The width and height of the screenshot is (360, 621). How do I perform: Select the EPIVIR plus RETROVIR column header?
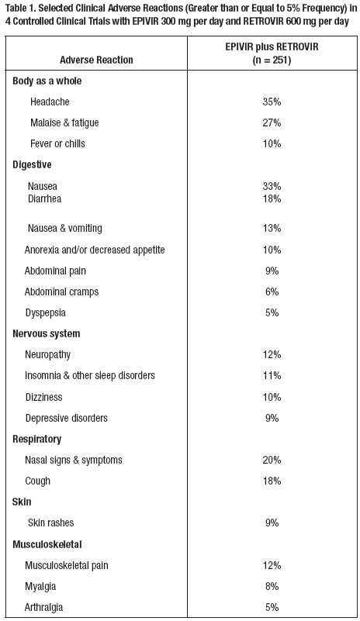[x=271, y=53]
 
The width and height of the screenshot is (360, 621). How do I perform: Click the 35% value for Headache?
[x=271, y=102]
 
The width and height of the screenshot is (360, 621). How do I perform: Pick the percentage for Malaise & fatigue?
[x=271, y=122]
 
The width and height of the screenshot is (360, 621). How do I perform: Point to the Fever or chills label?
[x=57, y=143]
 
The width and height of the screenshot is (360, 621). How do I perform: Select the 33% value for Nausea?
[x=271, y=186]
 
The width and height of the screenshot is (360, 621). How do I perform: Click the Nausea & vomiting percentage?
[x=271, y=228]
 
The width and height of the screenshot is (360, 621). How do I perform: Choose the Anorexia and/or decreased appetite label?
[x=95, y=250]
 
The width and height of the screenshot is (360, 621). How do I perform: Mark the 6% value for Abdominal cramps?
[x=271, y=292]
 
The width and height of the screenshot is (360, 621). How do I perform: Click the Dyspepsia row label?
[x=46, y=312]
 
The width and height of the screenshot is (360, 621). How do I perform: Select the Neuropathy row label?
[x=48, y=354]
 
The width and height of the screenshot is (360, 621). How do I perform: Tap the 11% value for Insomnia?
[x=271, y=375]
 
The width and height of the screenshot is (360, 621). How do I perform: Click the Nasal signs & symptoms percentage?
[x=271, y=460]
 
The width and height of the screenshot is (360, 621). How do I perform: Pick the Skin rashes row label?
[x=51, y=523]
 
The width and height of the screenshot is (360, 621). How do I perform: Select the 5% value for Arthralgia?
[x=271, y=607]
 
